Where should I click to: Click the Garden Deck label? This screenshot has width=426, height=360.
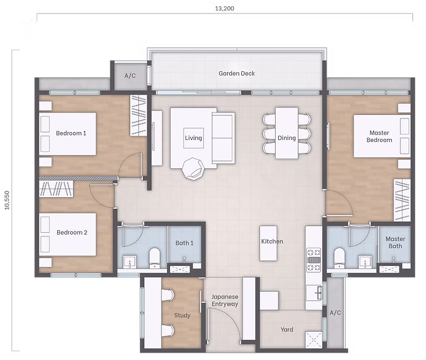(x=236, y=74)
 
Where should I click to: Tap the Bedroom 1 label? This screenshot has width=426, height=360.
(x=71, y=133)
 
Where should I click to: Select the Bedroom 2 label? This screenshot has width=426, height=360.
(x=72, y=233)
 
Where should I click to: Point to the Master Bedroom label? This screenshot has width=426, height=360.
(x=379, y=136)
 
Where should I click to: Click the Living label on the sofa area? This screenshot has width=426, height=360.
(x=193, y=138)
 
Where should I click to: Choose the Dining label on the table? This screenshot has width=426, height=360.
(x=287, y=138)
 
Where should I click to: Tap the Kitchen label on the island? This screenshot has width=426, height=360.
(x=272, y=241)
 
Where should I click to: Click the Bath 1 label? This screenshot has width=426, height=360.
(x=184, y=243)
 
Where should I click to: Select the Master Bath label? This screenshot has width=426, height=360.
(x=395, y=243)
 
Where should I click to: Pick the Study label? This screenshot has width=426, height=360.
(x=182, y=316)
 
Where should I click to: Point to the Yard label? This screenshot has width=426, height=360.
(x=287, y=330)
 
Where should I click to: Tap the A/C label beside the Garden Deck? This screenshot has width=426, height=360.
(x=130, y=76)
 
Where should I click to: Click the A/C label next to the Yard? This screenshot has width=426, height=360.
(x=335, y=312)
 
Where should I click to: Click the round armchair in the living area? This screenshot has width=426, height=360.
(x=195, y=167)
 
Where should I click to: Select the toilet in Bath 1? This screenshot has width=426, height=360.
(x=153, y=257)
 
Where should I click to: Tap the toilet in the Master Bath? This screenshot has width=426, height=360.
(x=337, y=257)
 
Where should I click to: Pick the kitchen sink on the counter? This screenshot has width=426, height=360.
(x=318, y=293)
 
